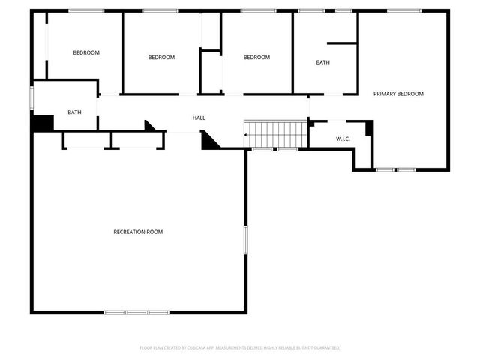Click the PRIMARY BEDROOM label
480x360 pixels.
coord(399,94)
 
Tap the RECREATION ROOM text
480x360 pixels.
coord(138,232)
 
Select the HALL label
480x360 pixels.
coord(199,118)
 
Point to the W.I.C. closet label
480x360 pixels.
coord(343,139)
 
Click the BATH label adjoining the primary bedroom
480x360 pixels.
coord(322,63)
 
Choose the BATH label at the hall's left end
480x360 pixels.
coord(74,112)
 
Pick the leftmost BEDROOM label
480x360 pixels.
coord(86,52)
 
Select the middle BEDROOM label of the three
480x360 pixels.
coord(161,58)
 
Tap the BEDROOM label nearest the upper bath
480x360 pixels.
coord(256,58)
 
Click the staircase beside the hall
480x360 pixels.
coord(278,135)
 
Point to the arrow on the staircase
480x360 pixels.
coord(247,135)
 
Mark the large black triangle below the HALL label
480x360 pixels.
coord(209,140)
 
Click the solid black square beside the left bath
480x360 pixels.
coord(43,122)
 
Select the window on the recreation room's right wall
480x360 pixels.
coord(245,244)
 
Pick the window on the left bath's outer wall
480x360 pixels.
coord(31,98)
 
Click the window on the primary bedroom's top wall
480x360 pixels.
coord(404,10)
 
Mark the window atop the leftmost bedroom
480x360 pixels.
coord(86,10)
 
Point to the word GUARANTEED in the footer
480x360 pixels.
coord(325,348)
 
